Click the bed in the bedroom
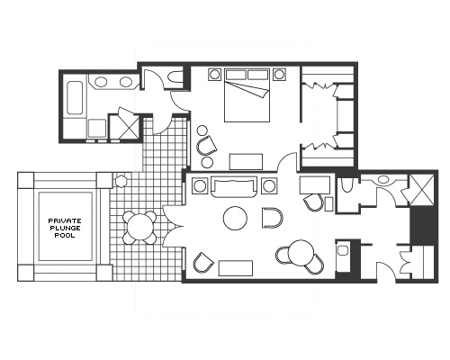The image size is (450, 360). tap(245, 97)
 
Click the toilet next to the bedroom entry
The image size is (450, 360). tap(173, 80)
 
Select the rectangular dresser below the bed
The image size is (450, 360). tap(245, 161)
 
